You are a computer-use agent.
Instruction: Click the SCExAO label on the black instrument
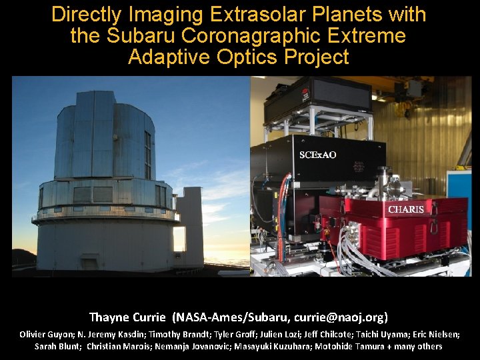318,155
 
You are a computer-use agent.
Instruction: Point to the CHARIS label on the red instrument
406,209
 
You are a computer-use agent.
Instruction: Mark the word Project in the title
317,57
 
